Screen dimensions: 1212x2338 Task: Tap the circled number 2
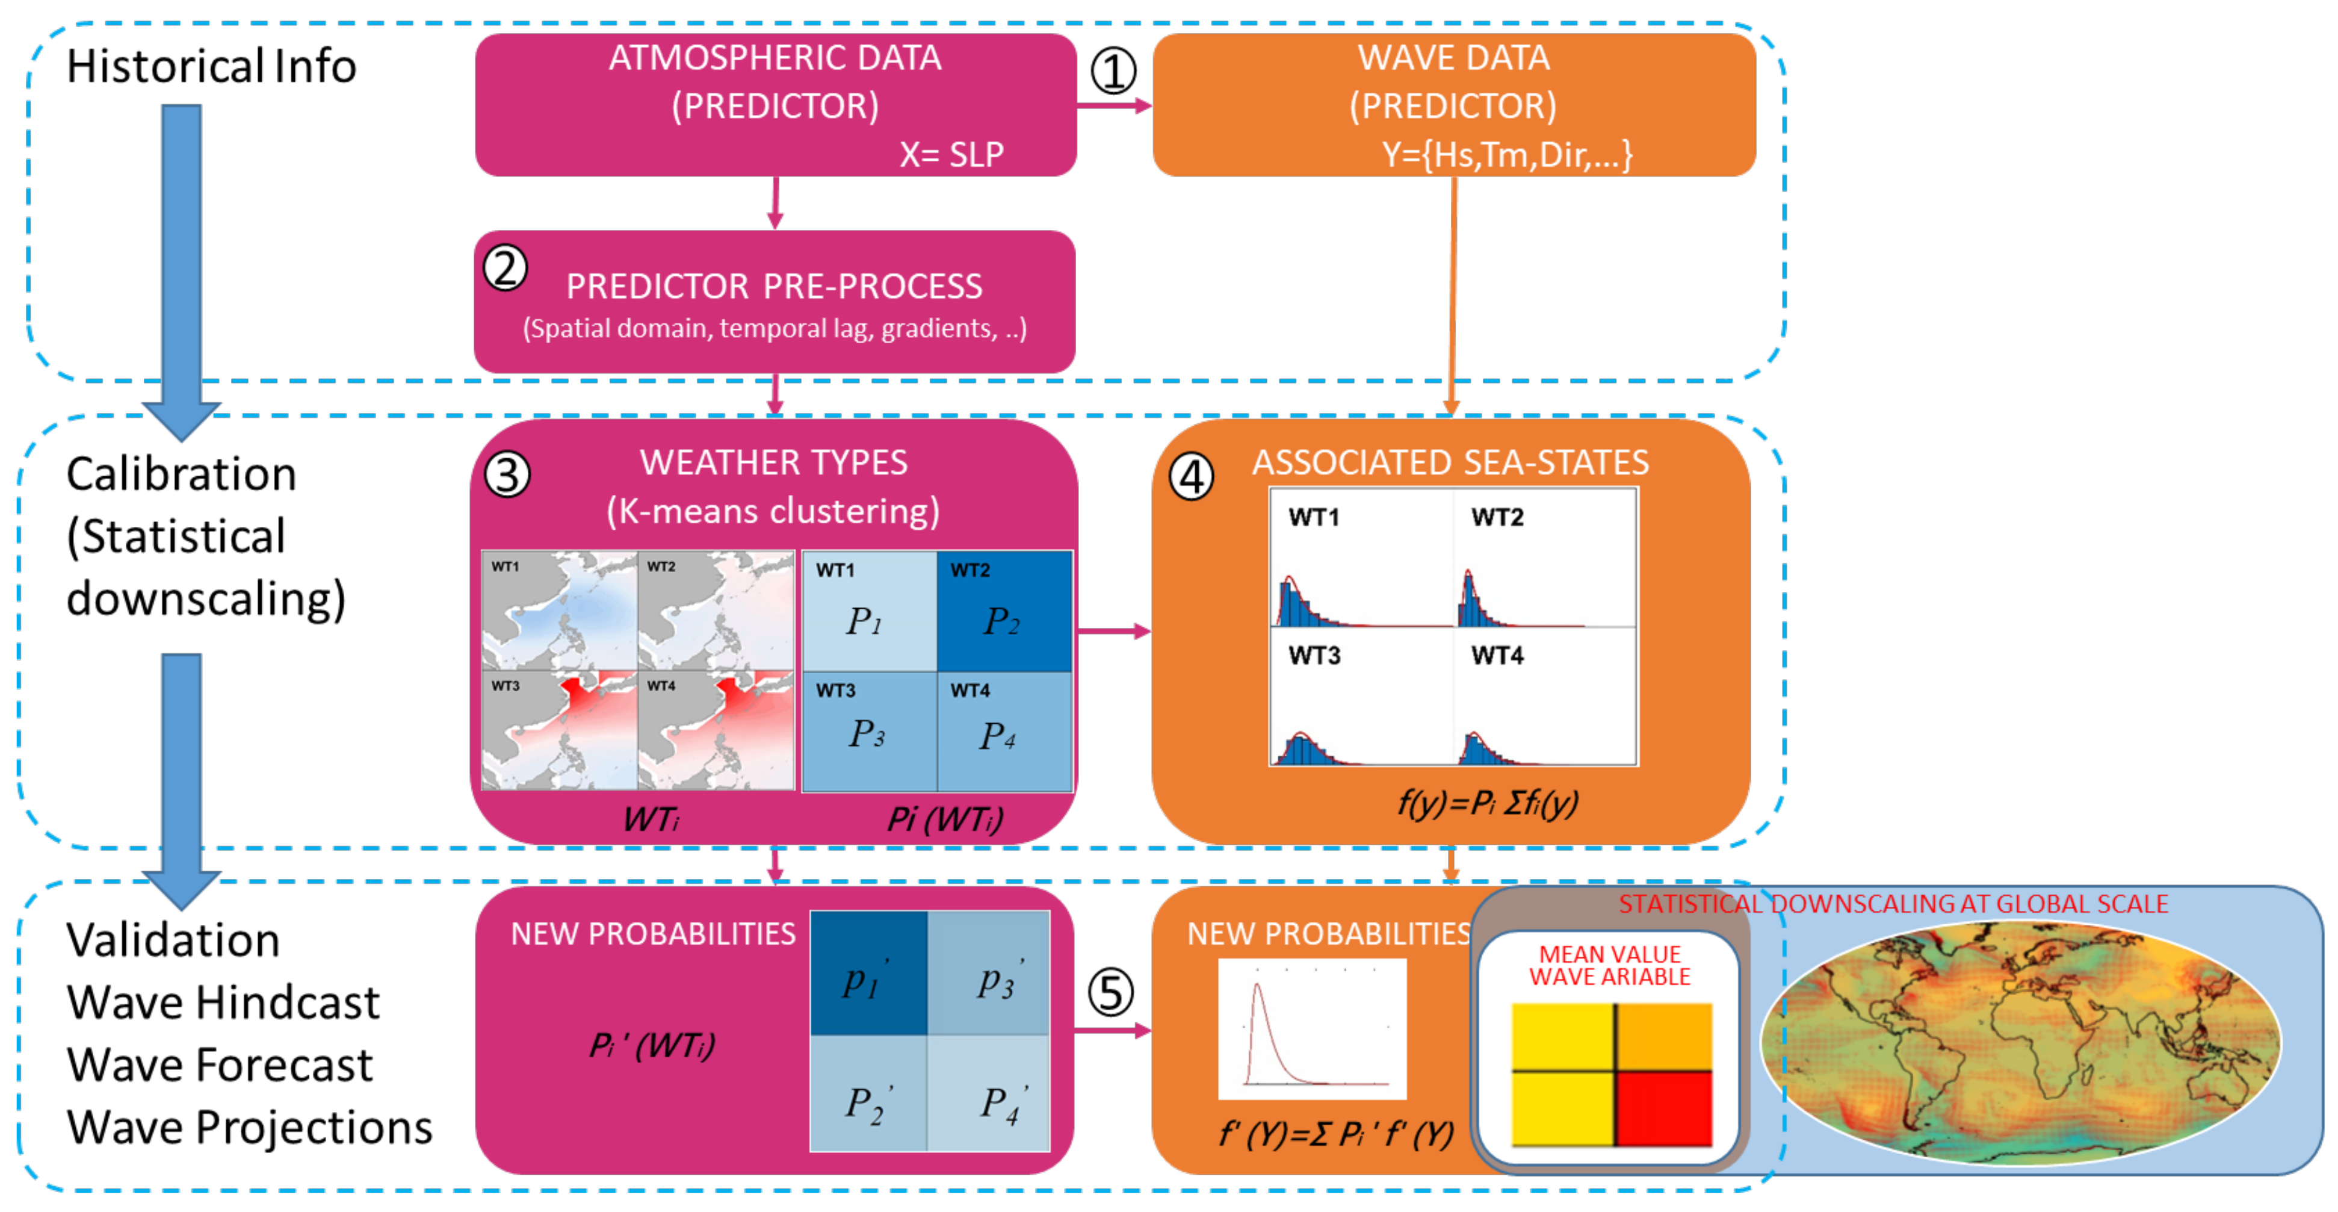[505, 269]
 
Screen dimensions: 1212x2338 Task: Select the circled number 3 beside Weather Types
[507, 475]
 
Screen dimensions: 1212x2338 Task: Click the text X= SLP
[951, 154]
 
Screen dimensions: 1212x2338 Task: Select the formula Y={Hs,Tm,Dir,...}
[1507, 154]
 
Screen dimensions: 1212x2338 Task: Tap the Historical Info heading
[211, 66]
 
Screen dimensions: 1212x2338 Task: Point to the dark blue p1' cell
[868, 973]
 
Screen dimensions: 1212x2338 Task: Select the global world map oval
[2020, 1042]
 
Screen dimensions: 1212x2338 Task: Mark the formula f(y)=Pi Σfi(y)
[1486, 803]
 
